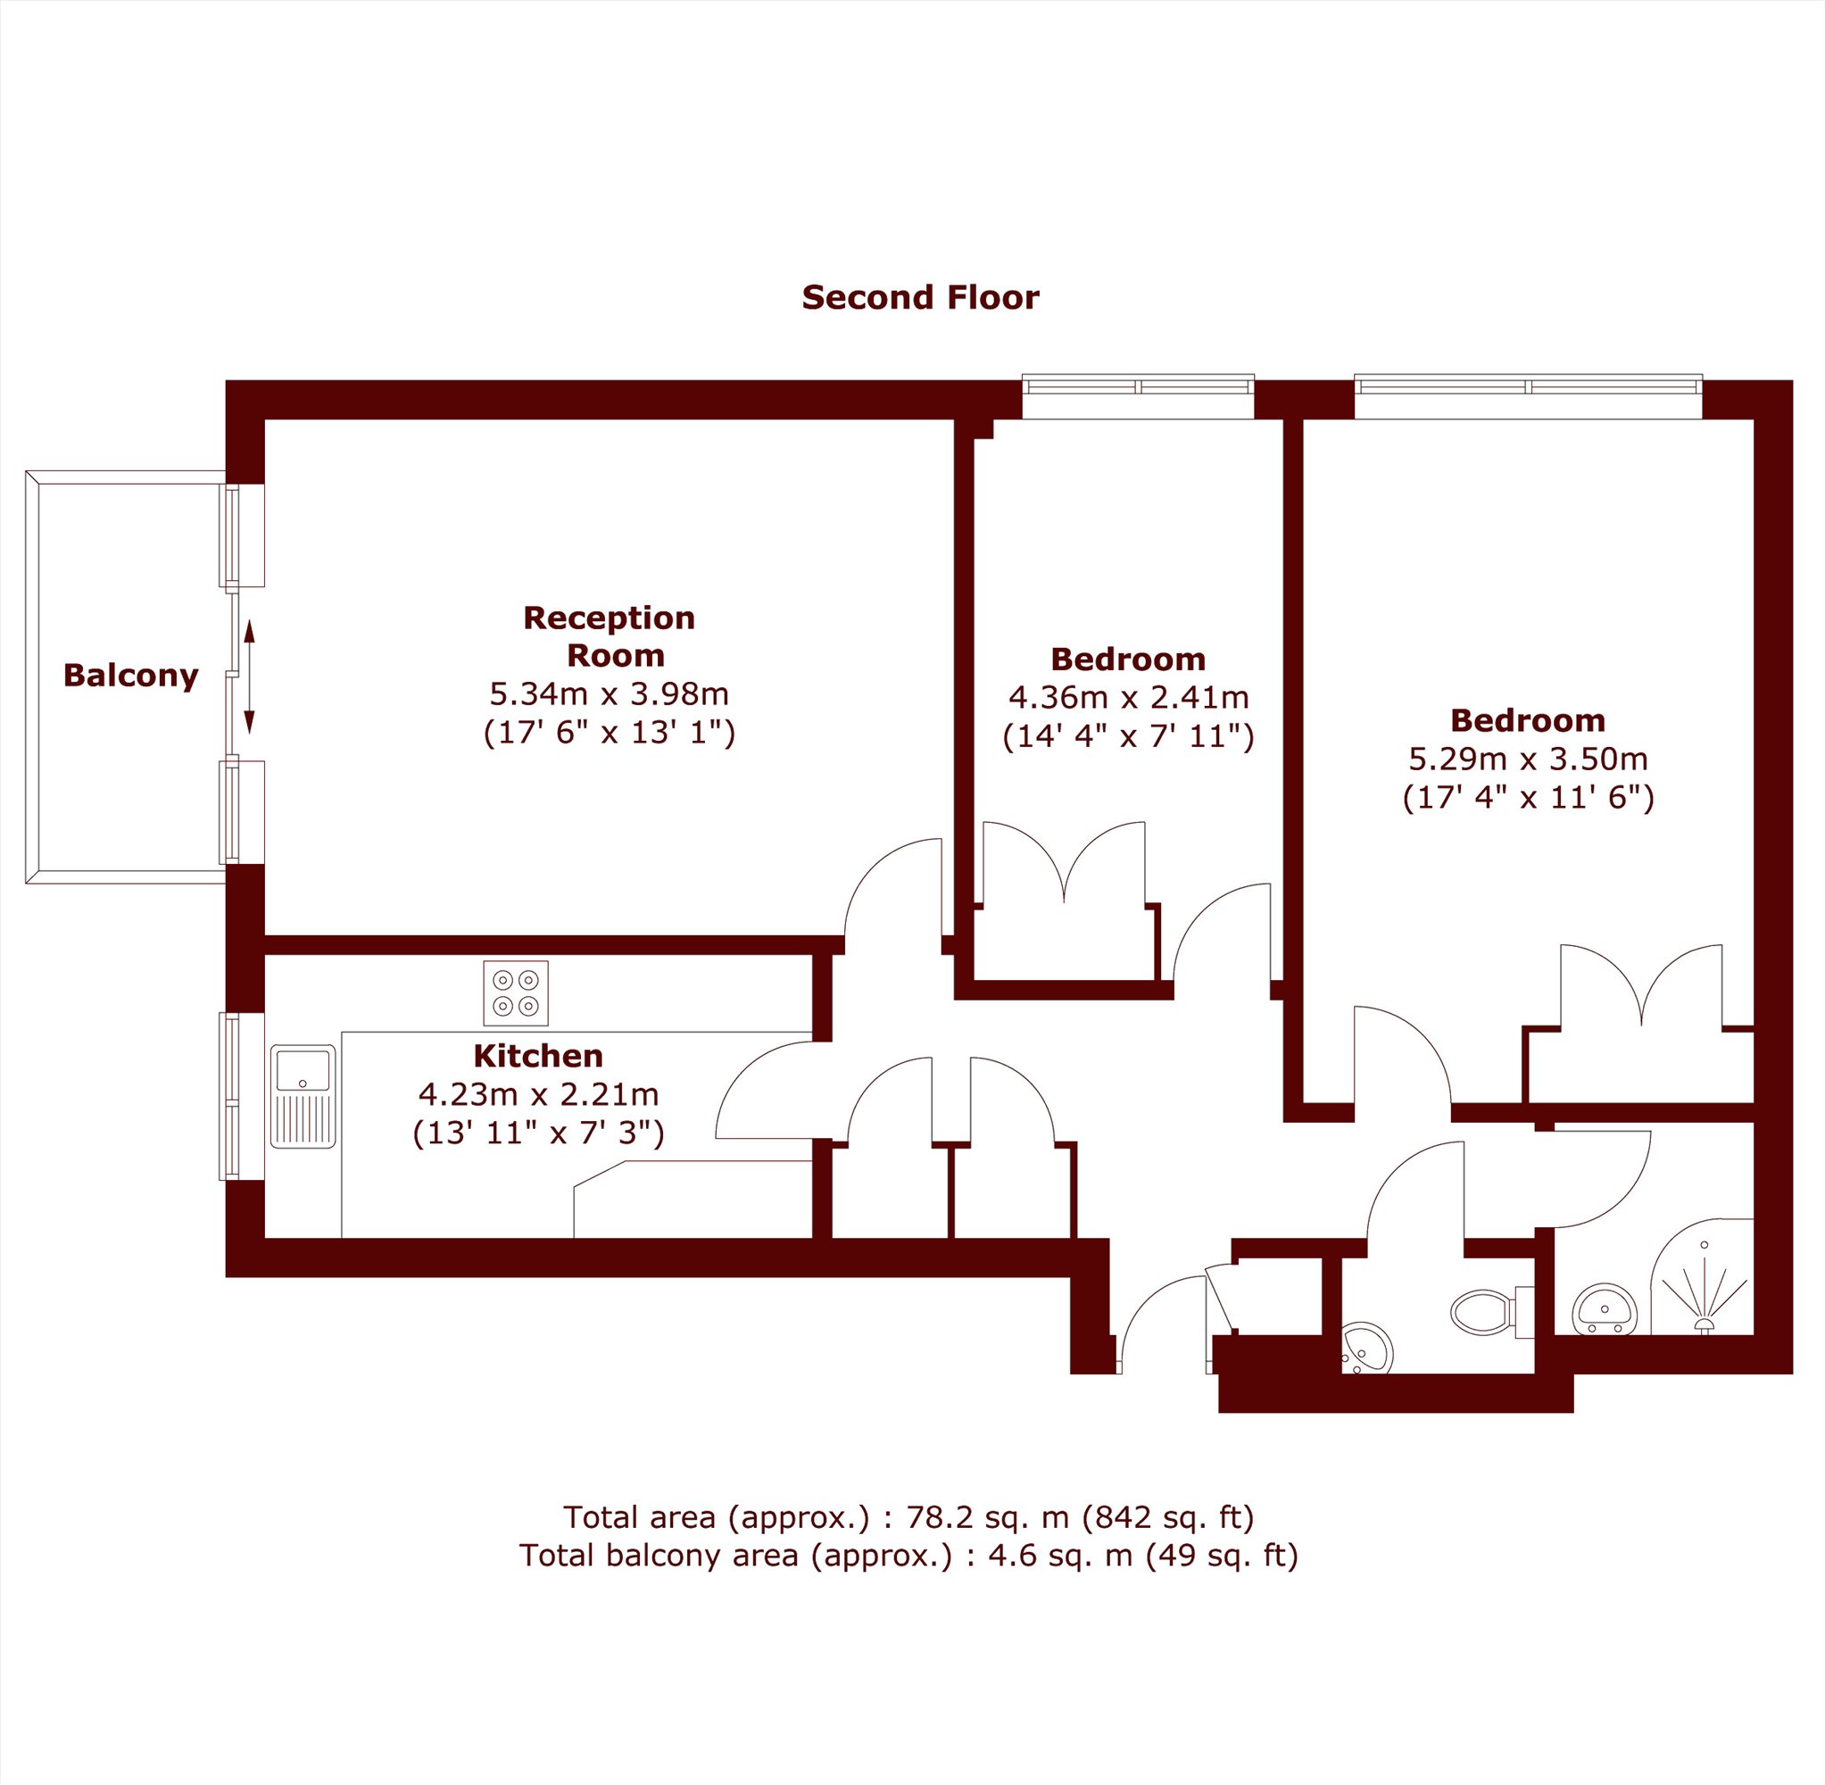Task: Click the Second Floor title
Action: (920, 298)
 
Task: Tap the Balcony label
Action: (130, 675)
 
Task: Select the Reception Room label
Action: (610, 635)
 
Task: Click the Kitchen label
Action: (538, 1056)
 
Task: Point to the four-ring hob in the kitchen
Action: (516, 992)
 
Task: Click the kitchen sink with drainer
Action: (303, 1096)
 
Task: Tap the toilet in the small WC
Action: (1490, 1310)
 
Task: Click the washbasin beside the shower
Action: (1604, 1308)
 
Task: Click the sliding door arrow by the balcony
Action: (249, 675)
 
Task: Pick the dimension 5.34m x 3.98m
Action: (610, 693)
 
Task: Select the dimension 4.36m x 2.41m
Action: (1129, 698)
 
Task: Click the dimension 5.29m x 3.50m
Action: (1528, 759)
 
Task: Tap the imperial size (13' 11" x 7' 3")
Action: (538, 1133)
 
